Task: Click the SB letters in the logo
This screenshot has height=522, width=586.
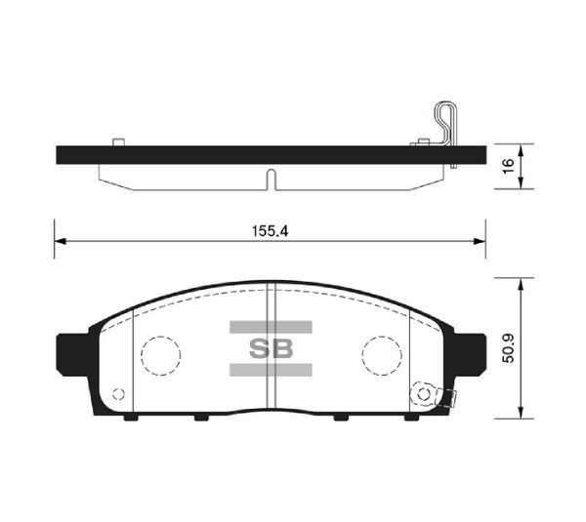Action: (271, 348)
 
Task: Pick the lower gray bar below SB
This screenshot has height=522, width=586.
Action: (271, 370)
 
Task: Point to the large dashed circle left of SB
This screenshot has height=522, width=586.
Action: (161, 353)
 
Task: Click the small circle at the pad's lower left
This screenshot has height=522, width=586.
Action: (119, 395)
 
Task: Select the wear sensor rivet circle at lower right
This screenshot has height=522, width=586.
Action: (424, 393)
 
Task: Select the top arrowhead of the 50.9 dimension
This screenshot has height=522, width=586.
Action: (525, 282)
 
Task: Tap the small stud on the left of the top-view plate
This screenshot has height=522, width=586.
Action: (118, 142)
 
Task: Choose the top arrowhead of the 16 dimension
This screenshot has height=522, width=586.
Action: (525, 149)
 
